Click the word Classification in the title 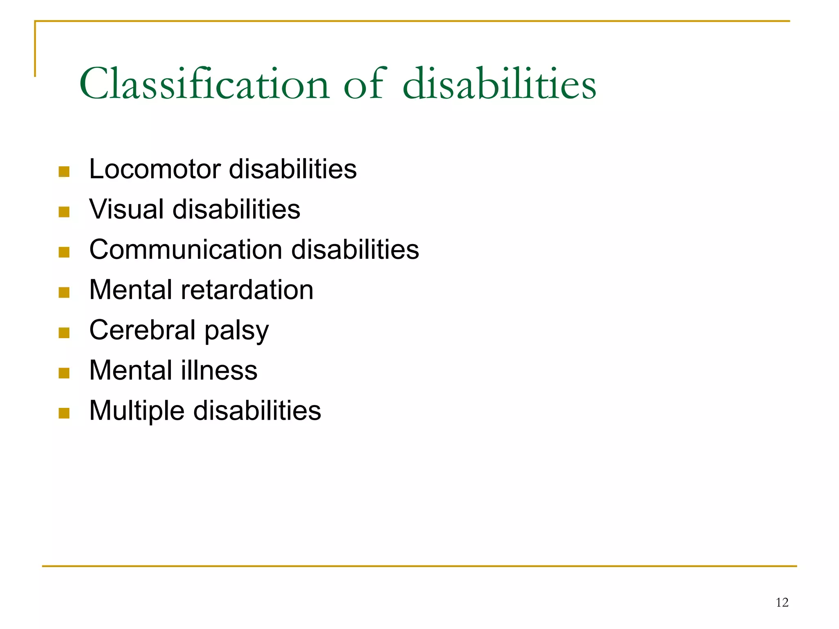click(204, 84)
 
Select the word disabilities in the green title click(499, 84)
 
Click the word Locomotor click(155, 169)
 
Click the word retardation click(247, 290)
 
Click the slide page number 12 click(782, 602)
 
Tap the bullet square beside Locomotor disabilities click(64, 171)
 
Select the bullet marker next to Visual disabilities click(64, 211)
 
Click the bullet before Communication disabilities click(64, 252)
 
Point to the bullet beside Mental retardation click(64, 292)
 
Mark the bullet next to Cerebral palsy click(64, 333)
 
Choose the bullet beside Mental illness click(64, 373)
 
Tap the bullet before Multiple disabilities click(64, 413)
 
